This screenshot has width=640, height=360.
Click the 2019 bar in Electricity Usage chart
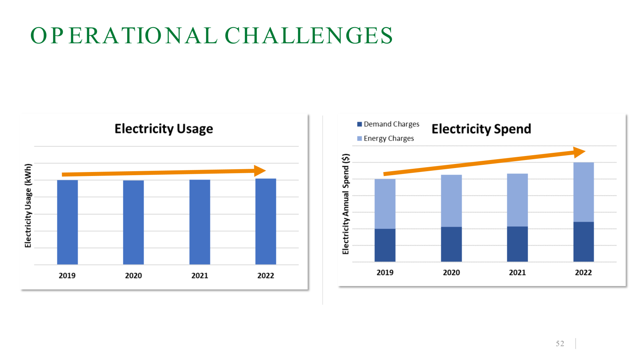pyautogui.click(x=67, y=222)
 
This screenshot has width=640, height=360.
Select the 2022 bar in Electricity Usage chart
pyautogui.click(x=266, y=221)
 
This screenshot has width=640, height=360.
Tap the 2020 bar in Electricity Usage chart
pyautogui.click(x=133, y=222)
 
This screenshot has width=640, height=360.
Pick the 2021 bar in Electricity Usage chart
pyautogui.click(x=200, y=222)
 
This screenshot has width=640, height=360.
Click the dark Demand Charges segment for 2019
pyautogui.click(x=385, y=245)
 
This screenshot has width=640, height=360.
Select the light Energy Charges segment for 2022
pyautogui.click(x=583, y=192)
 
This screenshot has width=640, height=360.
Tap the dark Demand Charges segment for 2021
pyautogui.click(x=517, y=244)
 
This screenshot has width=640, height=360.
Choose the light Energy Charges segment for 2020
pyautogui.click(x=451, y=201)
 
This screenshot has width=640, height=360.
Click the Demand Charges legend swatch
pyautogui.click(x=359, y=124)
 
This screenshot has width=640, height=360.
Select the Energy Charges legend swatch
pyautogui.click(x=359, y=138)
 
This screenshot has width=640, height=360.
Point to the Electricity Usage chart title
pyautogui.click(x=164, y=129)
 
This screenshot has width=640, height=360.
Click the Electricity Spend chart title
pyautogui.click(x=481, y=129)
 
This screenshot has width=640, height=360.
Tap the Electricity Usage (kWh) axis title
pyautogui.click(x=28, y=206)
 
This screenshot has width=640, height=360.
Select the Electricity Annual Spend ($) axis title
pyautogui.click(x=346, y=204)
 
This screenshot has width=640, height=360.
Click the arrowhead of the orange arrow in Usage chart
pyautogui.click(x=260, y=171)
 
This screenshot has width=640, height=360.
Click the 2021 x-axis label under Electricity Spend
pyautogui.click(x=517, y=272)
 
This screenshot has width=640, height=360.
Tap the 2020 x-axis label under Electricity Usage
pyautogui.click(x=133, y=276)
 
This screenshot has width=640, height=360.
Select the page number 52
pyautogui.click(x=560, y=344)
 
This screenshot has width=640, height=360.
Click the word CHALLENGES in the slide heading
pyautogui.click(x=309, y=36)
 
